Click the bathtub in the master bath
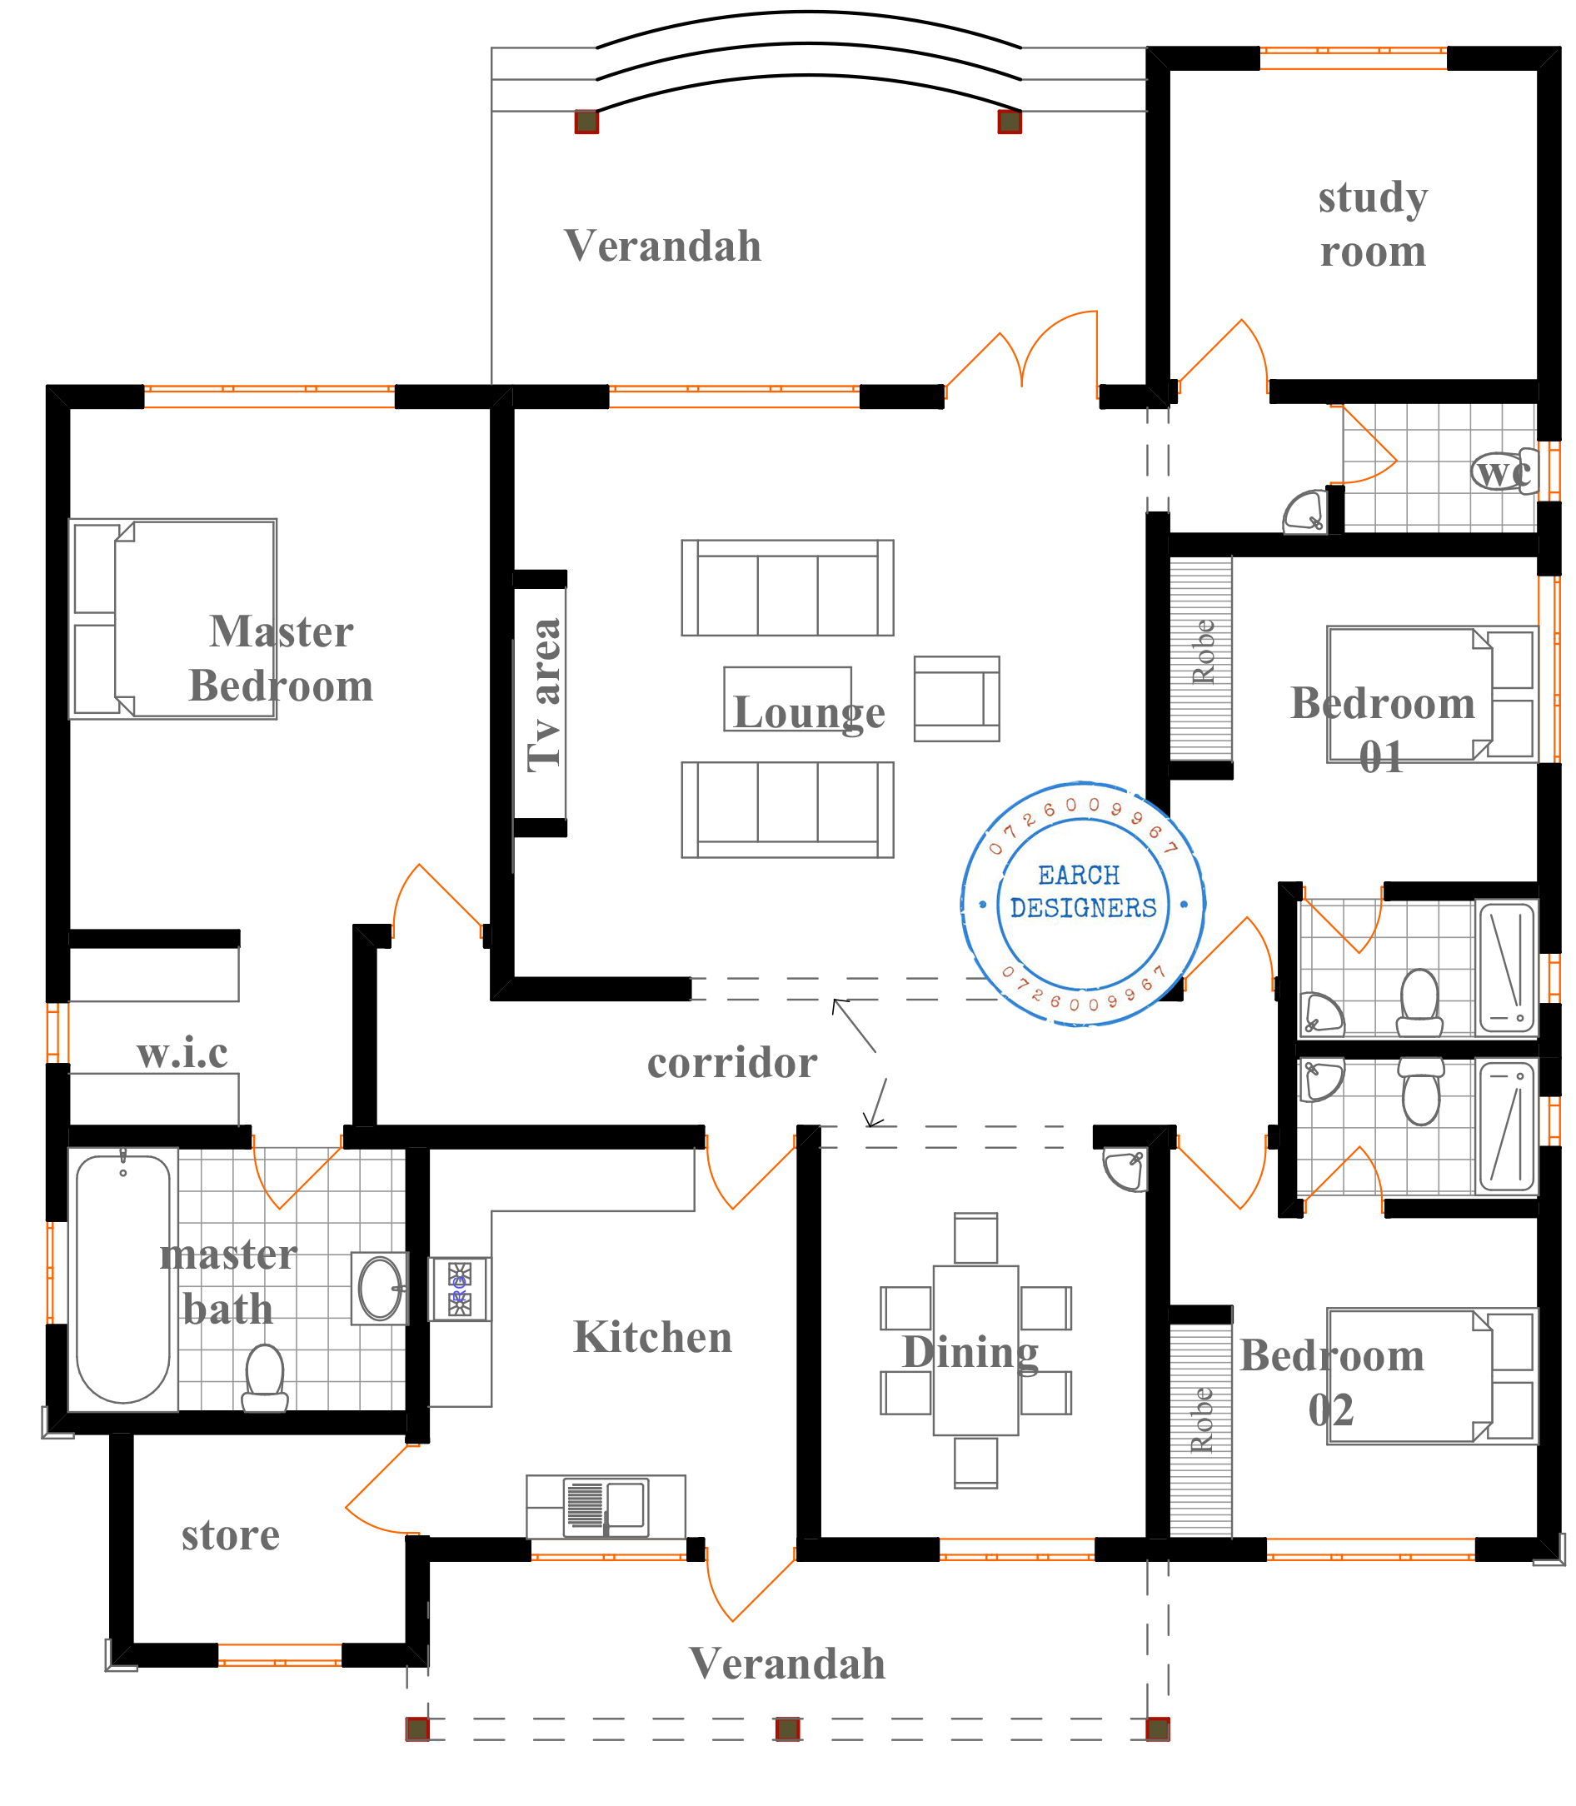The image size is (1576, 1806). [x=123, y=1279]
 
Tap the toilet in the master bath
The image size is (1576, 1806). [x=265, y=1378]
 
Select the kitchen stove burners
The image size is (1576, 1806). [x=460, y=1290]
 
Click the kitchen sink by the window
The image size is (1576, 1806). [x=606, y=1508]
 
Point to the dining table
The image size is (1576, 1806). [x=975, y=1350]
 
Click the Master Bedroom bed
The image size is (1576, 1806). [x=173, y=619]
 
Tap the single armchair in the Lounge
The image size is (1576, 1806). [x=957, y=698]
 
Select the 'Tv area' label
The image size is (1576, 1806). [x=545, y=696]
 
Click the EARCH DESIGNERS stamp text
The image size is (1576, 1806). [x=1083, y=892]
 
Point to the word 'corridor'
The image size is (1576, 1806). [x=732, y=1063]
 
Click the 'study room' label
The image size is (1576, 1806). [x=1373, y=224]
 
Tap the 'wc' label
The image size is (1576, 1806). [x=1502, y=472]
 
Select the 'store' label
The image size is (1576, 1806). [x=231, y=1535]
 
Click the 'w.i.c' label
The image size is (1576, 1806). [x=183, y=1052]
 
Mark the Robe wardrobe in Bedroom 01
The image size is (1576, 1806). [x=1200, y=659]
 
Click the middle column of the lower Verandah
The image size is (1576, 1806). [x=787, y=1729]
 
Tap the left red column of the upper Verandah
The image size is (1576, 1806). [x=586, y=122]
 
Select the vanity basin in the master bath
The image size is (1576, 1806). [x=380, y=1288]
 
